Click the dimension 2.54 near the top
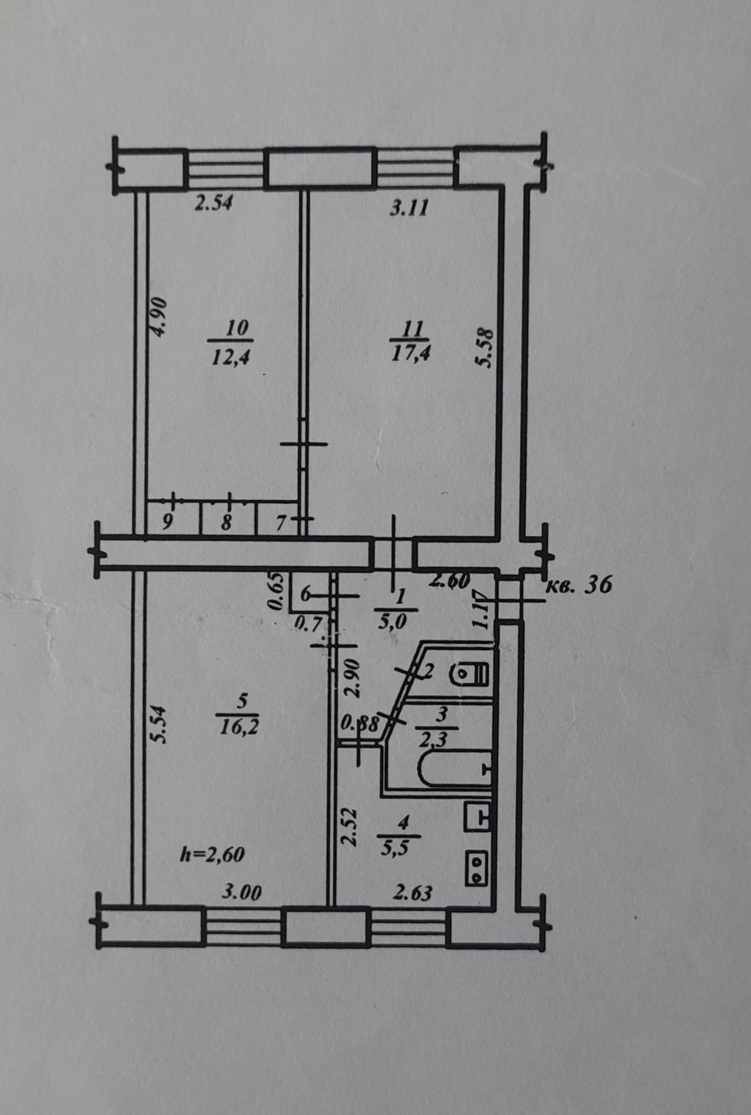click(x=214, y=204)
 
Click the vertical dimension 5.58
click(x=486, y=347)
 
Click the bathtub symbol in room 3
click(x=455, y=769)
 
